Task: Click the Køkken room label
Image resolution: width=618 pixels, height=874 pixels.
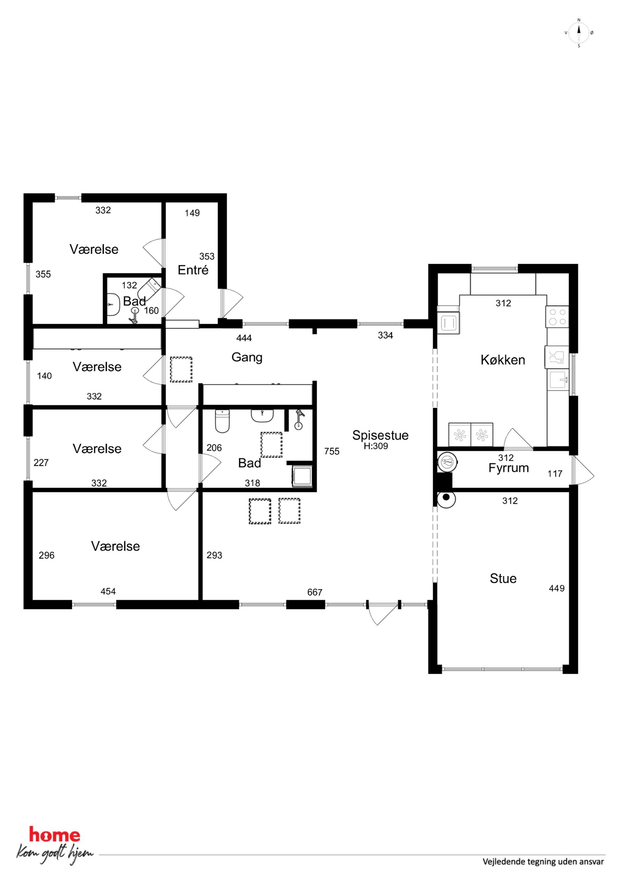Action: (x=503, y=360)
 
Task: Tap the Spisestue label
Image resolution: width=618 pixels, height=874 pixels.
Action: (x=380, y=435)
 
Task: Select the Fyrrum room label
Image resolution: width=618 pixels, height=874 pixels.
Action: (x=509, y=468)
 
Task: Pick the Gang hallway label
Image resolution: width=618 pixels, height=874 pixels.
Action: (x=247, y=358)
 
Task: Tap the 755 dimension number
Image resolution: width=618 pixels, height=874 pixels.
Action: (x=332, y=451)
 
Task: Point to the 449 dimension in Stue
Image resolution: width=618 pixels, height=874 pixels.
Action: (x=557, y=588)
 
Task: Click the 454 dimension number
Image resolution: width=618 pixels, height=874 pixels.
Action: (x=108, y=591)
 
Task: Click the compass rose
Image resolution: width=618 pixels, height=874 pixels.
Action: (x=579, y=33)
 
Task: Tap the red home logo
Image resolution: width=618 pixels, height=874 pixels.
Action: (x=55, y=835)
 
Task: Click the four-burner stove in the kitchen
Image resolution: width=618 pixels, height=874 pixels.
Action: (x=557, y=317)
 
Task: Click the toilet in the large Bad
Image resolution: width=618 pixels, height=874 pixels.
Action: (x=222, y=421)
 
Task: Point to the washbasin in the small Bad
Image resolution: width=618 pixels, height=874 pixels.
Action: (x=112, y=305)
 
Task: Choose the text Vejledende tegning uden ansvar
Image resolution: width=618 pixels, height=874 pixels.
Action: (x=543, y=862)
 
